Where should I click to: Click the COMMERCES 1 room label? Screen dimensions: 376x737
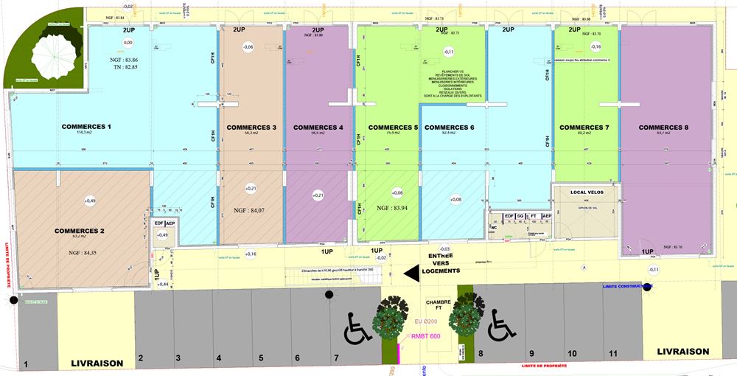click(x=87, y=127)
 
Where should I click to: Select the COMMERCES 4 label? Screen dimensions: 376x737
click(x=318, y=128)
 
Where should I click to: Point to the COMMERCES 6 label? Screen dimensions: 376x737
click(x=449, y=128)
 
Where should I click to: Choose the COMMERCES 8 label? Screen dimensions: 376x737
click(x=663, y=128)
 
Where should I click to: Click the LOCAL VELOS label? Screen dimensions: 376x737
click(x=587, y=192)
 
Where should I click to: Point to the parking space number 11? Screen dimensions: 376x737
click(x=612, y=354)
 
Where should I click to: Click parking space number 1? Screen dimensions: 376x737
click(x=26, y=364)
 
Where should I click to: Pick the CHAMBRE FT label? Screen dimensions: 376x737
click(x=438, y=307)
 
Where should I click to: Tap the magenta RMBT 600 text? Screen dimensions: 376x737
click(x=425, y=336)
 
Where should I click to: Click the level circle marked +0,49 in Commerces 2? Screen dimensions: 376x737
click(x=90, y=201)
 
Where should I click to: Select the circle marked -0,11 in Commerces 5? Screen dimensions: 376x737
click(x=448, y=52)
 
